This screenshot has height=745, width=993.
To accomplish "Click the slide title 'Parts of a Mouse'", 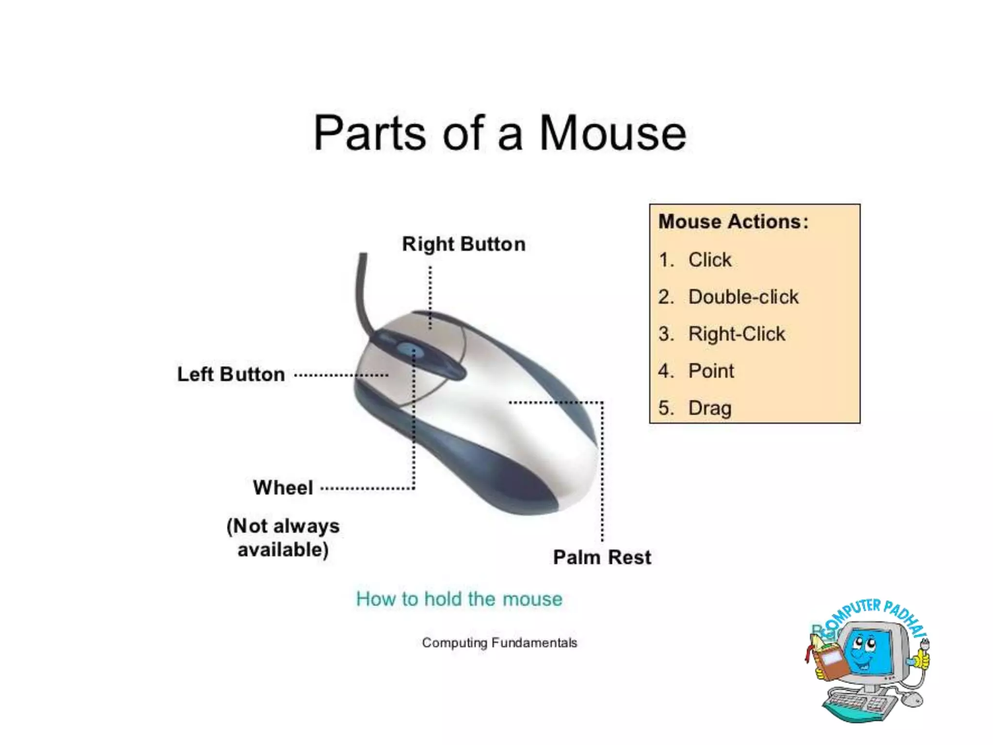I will (x=499, y=133).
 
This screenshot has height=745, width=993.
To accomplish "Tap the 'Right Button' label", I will (x=464, y=244).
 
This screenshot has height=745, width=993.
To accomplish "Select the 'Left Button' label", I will (x=231, y=374).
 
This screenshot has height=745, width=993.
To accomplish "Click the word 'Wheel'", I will (x=283, y=488).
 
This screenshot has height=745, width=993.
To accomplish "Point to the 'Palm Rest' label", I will (x=602, y=557).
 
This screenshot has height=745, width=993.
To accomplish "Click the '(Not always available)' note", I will (x=283, y=538).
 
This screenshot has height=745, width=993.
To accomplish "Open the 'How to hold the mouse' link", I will (x=459, y=599).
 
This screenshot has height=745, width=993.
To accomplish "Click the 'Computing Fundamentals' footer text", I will (x=499, y=643).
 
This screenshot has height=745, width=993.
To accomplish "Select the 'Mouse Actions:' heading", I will (x=733, y=222).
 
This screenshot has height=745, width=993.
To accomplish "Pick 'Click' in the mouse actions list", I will (x=710, y=260).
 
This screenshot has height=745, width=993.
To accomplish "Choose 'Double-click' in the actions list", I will (x=743, y=297).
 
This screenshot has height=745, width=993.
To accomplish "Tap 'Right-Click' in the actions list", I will (x=737, y=334).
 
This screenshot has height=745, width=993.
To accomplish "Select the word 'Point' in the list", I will (x=711, y=371).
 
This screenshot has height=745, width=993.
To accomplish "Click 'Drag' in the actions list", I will (x=710, y=408).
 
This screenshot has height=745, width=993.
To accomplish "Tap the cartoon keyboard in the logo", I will (x=858, y=703).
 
